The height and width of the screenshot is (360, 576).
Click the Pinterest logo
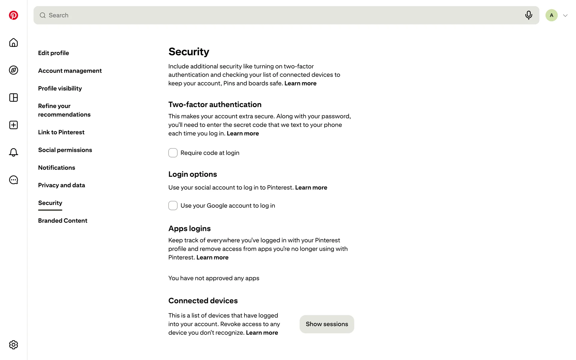click(13, 15)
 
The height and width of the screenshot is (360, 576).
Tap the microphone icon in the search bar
click(528, 15)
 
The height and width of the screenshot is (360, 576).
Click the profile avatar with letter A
click(551, 15)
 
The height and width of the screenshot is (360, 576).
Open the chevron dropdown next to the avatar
click(565, 16)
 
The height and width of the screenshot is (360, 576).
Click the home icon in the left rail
click(13, 43)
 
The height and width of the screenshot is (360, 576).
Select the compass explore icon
click(13, 70)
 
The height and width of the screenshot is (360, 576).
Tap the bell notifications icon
click(13, 152)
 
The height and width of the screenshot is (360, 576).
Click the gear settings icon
click(13, 345)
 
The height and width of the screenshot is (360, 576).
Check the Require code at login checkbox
click(173, 153)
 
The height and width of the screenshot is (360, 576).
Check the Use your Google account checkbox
click(173, 205)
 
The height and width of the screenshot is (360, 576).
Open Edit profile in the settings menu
click(53, 53)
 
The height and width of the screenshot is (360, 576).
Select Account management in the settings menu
click(70, 71)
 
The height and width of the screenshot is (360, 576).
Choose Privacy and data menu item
click(61, 185)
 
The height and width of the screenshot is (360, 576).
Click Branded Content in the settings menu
click(63, 221)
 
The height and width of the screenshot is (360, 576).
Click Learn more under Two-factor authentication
click(243, 133)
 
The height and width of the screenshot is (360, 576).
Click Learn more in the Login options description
click(311, 187)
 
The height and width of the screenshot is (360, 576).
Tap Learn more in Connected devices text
click(262, 333)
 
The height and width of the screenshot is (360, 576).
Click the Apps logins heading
click(190, 229)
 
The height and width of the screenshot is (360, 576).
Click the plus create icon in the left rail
click(13, 125)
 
